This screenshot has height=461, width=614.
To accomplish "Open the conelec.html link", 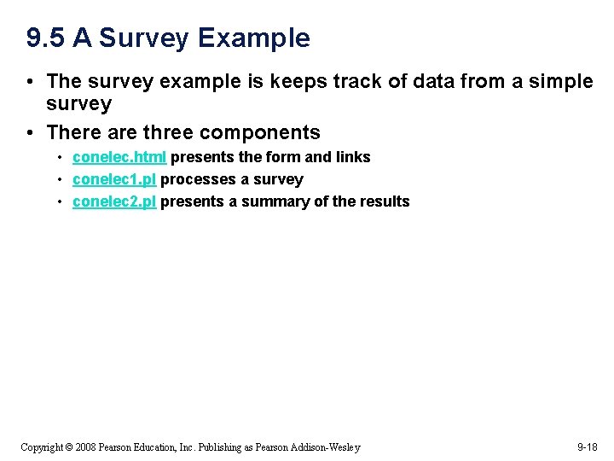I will pyautogui.click(x=119, y=157).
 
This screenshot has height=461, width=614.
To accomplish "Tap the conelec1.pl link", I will pyautogui.click(x=113, y=179).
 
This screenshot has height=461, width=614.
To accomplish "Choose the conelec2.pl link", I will pyautogui.click(x=113, y=201).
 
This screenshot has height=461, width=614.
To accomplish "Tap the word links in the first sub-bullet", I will pyautogui.click(x=353, y=157).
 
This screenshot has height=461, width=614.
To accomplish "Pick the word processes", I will pyautogui.click(x=195, y=179).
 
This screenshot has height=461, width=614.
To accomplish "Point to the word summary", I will pyautogui.click(x=274, y=201).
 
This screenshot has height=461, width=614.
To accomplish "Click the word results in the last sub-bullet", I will pyautogui.click(x=384, y=201).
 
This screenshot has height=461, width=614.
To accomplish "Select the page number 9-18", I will pyautogui.click(x=588, y=446).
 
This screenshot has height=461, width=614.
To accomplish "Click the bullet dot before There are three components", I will pyautogui.click(x=30, y=132).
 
